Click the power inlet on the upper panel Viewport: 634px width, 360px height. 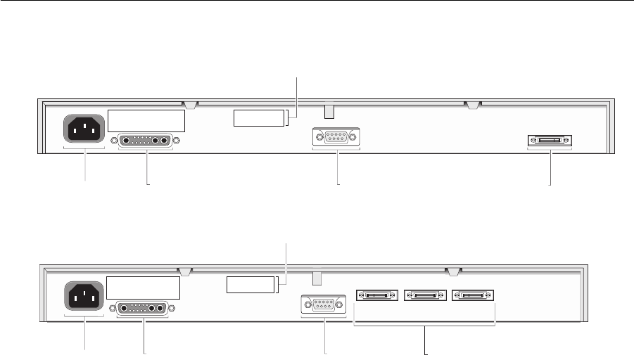(84, 127)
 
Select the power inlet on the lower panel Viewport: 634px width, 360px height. (84, 295)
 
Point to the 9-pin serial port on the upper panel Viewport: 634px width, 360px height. (336, 138)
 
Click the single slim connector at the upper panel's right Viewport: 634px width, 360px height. (550, 141)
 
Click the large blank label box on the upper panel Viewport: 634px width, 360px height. (146, 120)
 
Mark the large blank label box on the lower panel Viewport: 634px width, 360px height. (144, 288)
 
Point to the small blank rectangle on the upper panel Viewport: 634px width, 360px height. (260, 117)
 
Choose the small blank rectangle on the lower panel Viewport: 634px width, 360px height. (251, 285)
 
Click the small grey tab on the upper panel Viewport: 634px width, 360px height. (329, 112)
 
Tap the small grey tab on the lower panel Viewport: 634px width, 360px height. (317, 279)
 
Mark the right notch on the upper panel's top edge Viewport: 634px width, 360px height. (474, 105)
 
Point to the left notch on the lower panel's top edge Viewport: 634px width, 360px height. (185, 271)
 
